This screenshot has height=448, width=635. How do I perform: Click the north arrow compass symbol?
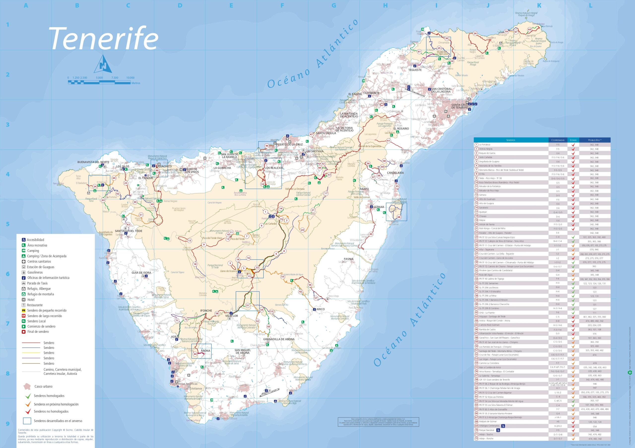(103, 64)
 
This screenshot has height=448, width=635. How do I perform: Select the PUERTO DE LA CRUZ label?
(289, 145)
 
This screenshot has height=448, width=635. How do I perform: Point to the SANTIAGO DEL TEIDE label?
(128, 231)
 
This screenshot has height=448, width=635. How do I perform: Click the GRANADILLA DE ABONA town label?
(279, 339)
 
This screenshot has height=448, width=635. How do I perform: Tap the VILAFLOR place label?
(231, 316)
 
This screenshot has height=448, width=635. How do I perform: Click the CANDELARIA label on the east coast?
(395, 173)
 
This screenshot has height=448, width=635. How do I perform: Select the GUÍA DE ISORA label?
(141, 272)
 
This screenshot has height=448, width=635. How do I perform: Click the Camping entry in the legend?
(33, 251)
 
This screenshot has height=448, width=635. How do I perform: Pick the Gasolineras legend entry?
(35, 272)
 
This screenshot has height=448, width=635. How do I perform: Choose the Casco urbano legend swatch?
(27, 386)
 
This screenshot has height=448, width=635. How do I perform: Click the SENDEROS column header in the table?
(510, 140)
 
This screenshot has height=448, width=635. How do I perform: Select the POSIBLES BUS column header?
(594, 140)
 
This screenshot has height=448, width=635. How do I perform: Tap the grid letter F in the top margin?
(282, 5)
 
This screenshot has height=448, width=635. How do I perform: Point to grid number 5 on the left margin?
(8, 224)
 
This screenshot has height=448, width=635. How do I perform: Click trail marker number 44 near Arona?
(195, 354)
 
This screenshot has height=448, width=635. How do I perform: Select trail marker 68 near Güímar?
(399, 217)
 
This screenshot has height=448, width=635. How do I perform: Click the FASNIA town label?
(349, 259)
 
